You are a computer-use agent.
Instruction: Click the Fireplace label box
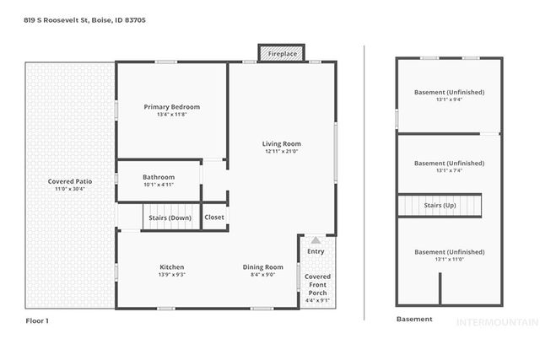(x=283, y=53)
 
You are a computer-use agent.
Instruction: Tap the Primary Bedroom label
(x=172, y=107)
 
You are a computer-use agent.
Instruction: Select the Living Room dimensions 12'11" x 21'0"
(x=282, y=152)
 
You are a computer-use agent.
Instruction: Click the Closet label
(x=214, y=218)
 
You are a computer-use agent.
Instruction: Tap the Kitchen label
(x=172, y=266)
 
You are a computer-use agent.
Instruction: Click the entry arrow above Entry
(x=316, y=240)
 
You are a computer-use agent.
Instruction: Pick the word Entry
(x=316, y=251)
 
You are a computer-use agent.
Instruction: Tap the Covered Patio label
(x=72, y=181)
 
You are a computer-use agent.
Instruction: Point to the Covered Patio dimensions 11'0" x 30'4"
(x=72, y=189)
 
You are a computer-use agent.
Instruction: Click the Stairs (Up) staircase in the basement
(x=440, y=205)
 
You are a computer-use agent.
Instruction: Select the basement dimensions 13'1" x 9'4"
(x=449, y=99)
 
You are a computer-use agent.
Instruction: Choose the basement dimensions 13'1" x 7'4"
(x=449, y=170)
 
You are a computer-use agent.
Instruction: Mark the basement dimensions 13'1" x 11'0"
(x=449, y=260)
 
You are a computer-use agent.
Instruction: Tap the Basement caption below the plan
(x=414, y=320)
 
